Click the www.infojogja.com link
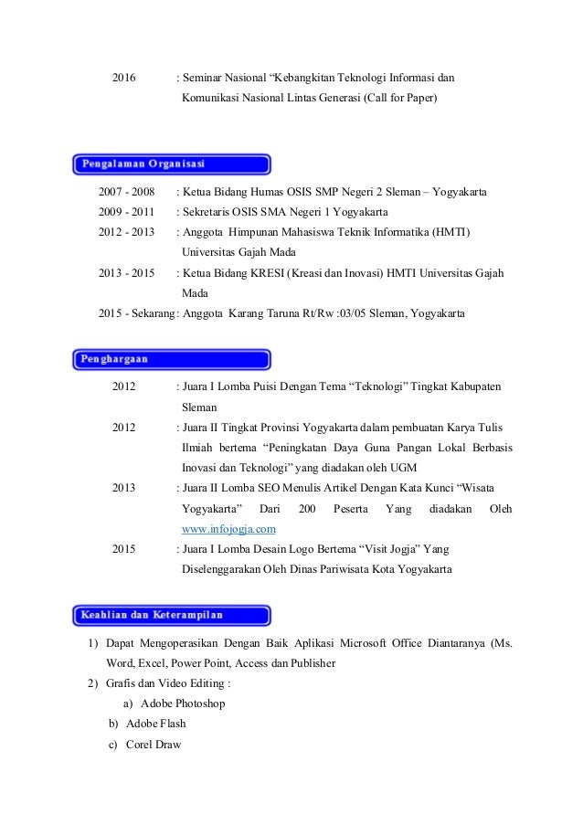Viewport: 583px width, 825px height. pos(229,529)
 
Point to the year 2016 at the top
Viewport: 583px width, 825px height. pos(124,77)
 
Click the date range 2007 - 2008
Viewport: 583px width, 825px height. pos(127,193)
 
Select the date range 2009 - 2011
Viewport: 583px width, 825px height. pos(127,212)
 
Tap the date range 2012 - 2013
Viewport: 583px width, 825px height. pos(127,232)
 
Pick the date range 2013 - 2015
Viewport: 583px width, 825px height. pos(127,273)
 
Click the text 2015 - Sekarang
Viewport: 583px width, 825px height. pos(135,313)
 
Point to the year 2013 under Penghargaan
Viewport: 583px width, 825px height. pos(124,488)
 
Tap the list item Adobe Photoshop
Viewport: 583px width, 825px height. pos(183,703)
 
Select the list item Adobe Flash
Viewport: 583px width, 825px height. pos(155,724)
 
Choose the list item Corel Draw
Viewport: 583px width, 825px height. pos(154,744)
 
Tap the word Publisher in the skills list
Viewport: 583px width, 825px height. pos(307,663)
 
